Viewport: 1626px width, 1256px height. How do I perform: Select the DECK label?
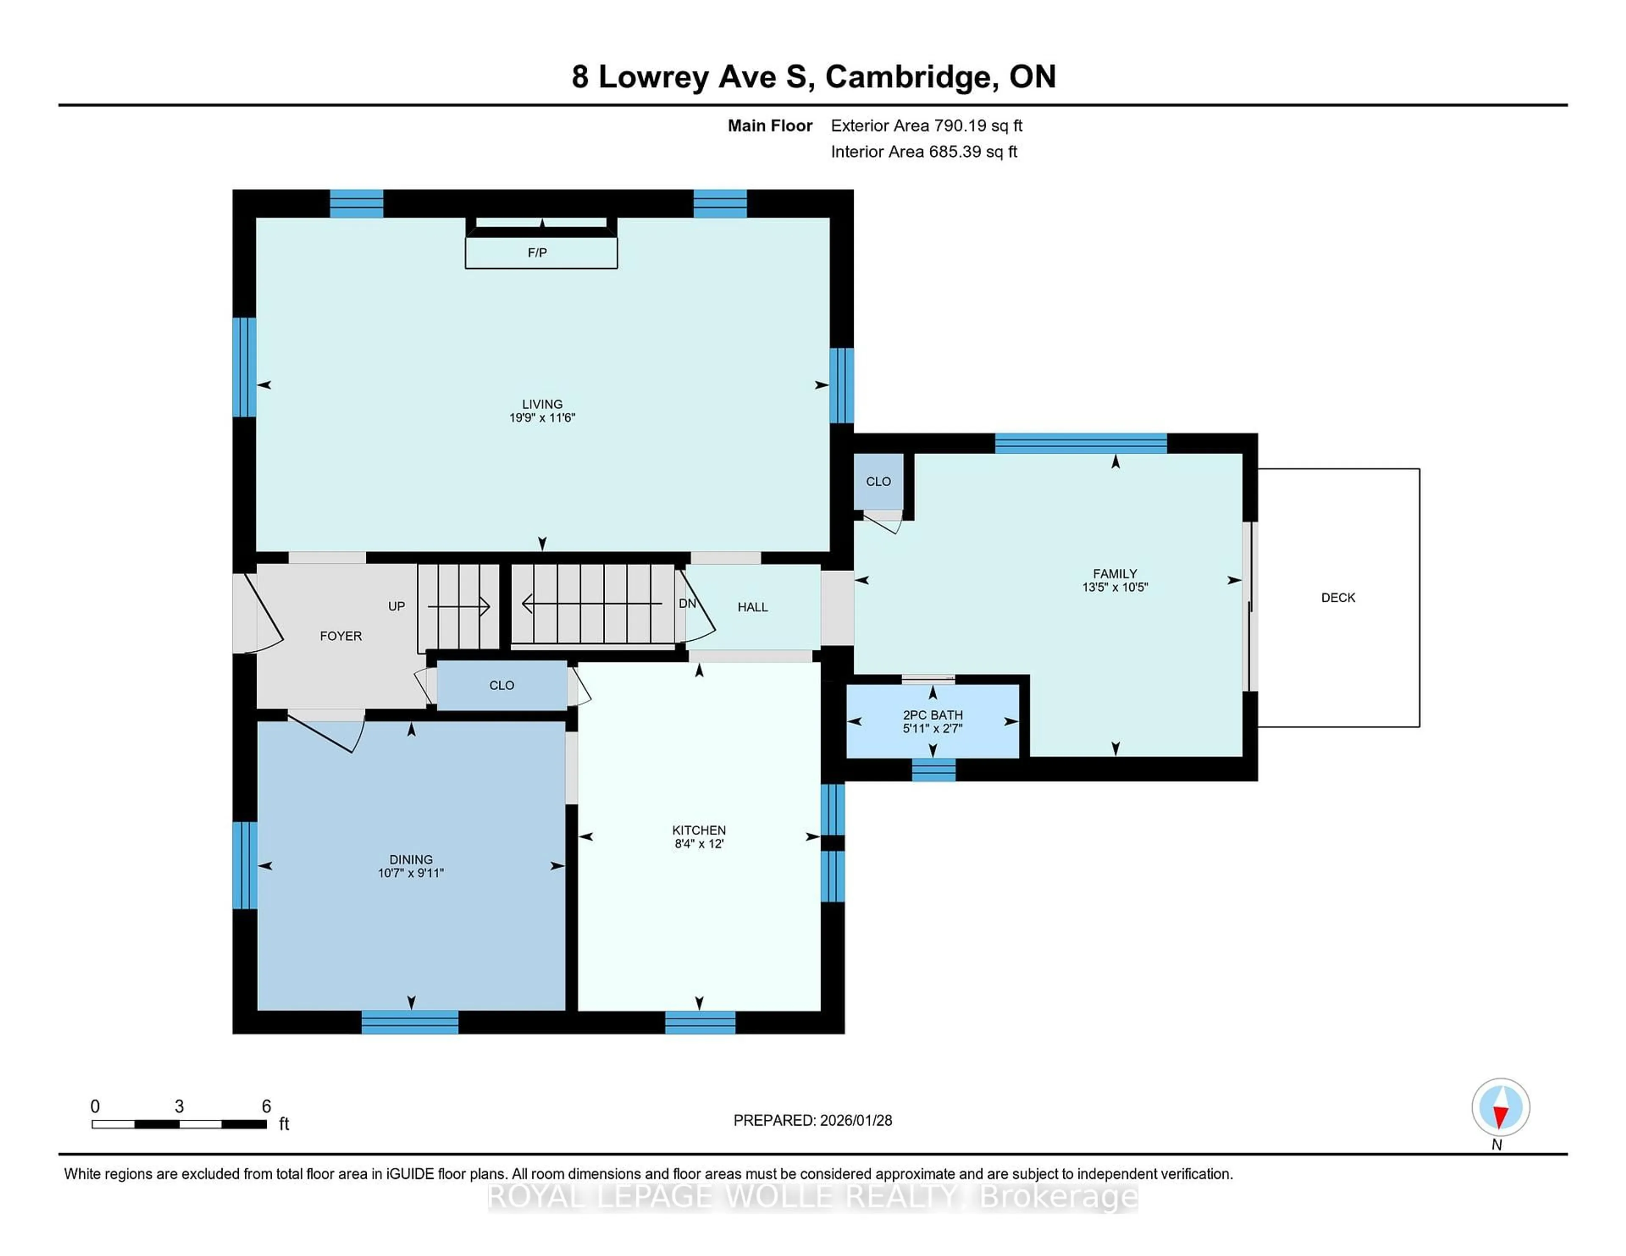[x=1338, y=598]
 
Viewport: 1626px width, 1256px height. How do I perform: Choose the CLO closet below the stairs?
[x=501, y=685]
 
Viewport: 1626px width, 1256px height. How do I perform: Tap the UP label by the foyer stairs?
[x=396, y=606]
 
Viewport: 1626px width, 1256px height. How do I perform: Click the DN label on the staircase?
[x=686, y=603]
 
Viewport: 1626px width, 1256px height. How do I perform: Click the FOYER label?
[x=340, y=636]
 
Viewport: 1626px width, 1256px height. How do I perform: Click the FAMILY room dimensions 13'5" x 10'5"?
[x=1114, y=587]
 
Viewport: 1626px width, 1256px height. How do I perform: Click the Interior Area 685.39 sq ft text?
[x=923, y=152]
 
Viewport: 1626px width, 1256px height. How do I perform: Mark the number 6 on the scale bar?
[x=266, y=1107]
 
